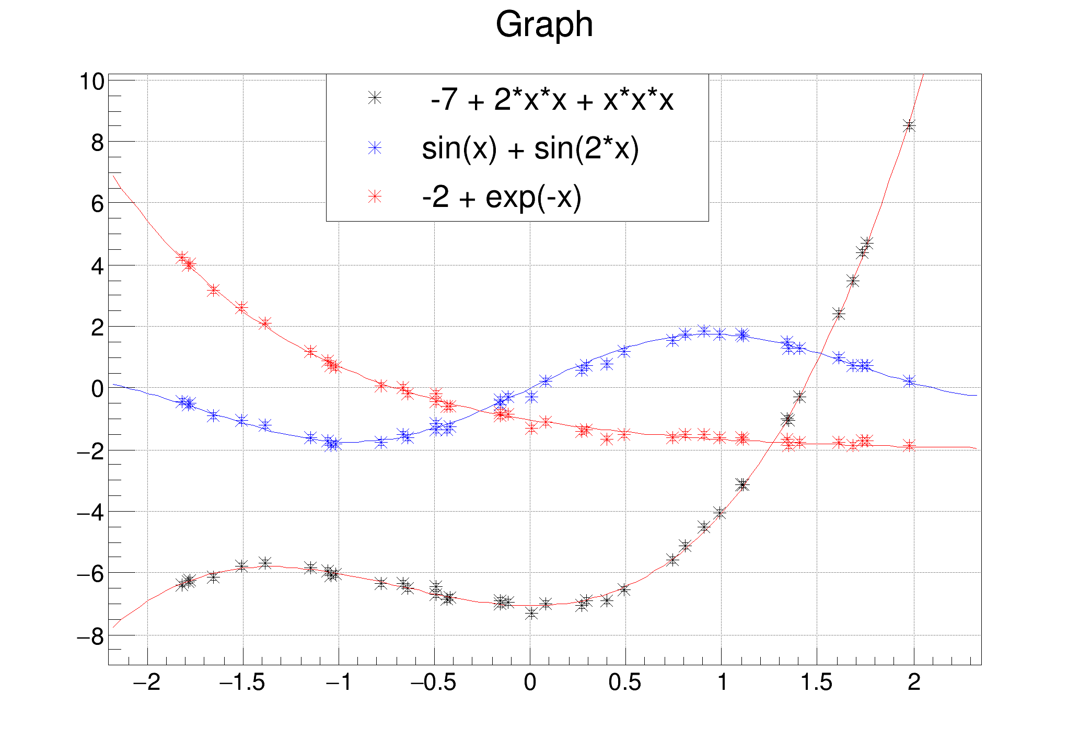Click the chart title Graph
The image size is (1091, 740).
point(544,25)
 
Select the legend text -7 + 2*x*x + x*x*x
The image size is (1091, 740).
point(552,99)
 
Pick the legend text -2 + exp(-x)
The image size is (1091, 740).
point(502,196)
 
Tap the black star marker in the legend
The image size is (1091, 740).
point(375,98)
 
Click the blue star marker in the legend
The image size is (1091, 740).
point(375,148)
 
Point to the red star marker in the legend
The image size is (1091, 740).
point(375,196)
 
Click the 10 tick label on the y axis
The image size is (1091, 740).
point(91,82)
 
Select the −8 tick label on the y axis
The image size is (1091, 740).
point(90,636)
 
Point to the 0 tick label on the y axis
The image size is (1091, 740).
point(97,389)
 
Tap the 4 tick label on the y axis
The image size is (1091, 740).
point(97,266)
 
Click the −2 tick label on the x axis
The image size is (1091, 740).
point(147,683)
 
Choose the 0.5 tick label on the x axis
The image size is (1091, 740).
point(625,683)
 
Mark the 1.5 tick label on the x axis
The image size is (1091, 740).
point(817,683)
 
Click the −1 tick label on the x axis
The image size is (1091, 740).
point(339,683)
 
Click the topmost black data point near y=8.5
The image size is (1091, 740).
point(910,126)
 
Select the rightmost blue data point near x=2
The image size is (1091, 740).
point(910,381)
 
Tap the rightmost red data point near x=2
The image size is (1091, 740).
point(910,446)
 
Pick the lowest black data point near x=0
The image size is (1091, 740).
point(531,613)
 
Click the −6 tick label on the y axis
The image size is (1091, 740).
point(90,574)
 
